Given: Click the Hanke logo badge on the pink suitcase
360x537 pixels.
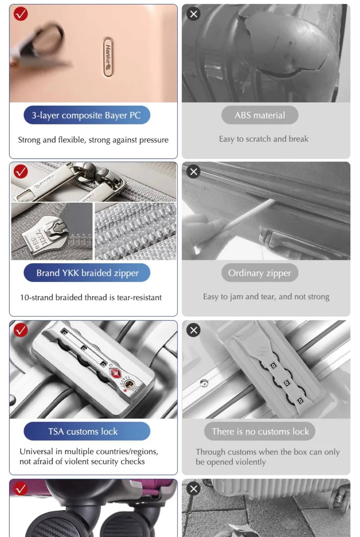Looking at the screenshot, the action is pos(108,57).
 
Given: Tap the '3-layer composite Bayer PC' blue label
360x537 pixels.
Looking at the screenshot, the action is pos(87,115).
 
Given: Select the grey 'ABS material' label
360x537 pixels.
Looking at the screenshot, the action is pos(260,115).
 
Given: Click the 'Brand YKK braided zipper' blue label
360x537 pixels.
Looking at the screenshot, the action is pos(87,273).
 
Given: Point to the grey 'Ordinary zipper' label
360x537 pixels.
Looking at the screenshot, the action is pos(260,273).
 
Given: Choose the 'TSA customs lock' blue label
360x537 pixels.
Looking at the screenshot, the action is pos(87,431).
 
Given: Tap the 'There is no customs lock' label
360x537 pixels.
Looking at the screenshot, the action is pos(259,431).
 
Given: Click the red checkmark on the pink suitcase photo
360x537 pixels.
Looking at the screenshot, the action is pos(21,14).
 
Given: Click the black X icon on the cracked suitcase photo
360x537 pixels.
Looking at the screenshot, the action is pos(193,14).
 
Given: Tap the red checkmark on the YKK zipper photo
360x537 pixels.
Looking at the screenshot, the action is pos(21,172).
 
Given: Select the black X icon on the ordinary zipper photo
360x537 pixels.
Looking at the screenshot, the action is pos(193,172).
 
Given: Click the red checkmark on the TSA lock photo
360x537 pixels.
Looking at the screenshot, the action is pos(21,330).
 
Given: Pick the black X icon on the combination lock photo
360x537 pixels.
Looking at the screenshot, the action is pos(193,330).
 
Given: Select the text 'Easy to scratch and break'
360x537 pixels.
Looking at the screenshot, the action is pos(264,139).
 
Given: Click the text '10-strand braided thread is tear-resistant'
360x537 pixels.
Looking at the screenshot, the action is pos(91,297).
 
